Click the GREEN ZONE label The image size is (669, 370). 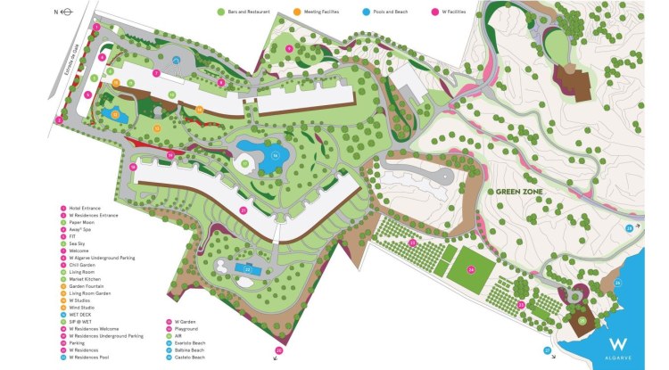pos(519,190)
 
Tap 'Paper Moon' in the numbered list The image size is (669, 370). pos(80,222)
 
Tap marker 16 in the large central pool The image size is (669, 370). pos(276,155)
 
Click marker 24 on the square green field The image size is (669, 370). pos(471,270)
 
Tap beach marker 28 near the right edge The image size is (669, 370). pos(628,228)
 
